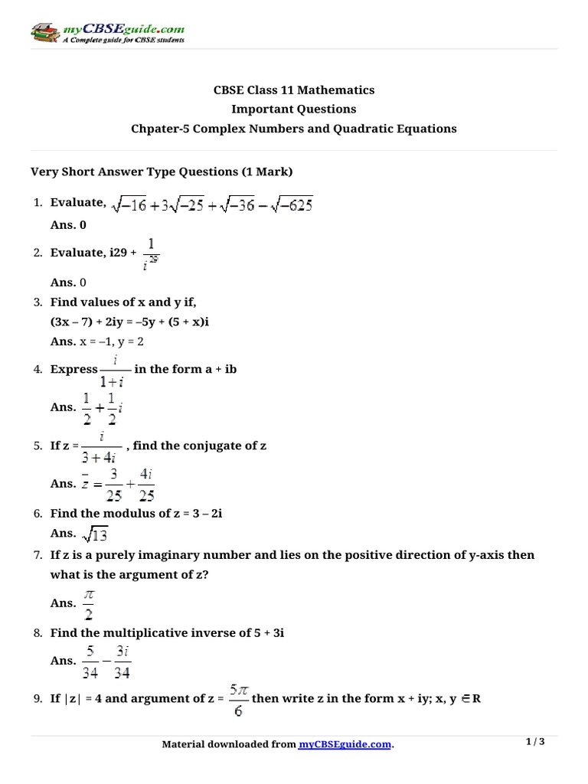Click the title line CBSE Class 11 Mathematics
click(294, 90)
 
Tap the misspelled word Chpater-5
click(159, 129)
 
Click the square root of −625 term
click(286, 204)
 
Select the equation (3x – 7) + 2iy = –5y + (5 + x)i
click(129, 322)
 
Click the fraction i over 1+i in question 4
click(115, 369)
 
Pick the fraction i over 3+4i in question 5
click(101, 446)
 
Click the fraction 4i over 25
click(146, 485)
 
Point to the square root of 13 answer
click(97, 534)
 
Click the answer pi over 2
click(89, 603)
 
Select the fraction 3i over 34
click(120, 661)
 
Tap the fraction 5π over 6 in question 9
click(237, 699)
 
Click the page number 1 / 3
click(535, 742)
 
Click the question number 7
click(37, 555)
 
